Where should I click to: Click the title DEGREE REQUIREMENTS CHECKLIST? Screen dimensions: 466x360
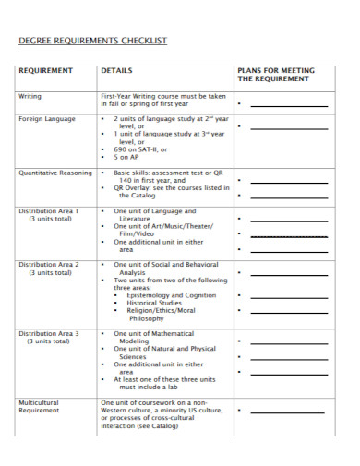(x=93, y=41)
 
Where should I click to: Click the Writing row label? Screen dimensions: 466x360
(x=30, y=96)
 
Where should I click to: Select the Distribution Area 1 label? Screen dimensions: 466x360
(x=48, y=210)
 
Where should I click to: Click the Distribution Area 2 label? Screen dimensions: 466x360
(x=48, y=264)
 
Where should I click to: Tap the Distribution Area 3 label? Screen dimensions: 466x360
(x=48, y=333)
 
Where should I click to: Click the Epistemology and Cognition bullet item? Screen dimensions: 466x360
(x=171, y=294)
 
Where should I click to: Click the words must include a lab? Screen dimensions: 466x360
(x=152, y=388)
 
